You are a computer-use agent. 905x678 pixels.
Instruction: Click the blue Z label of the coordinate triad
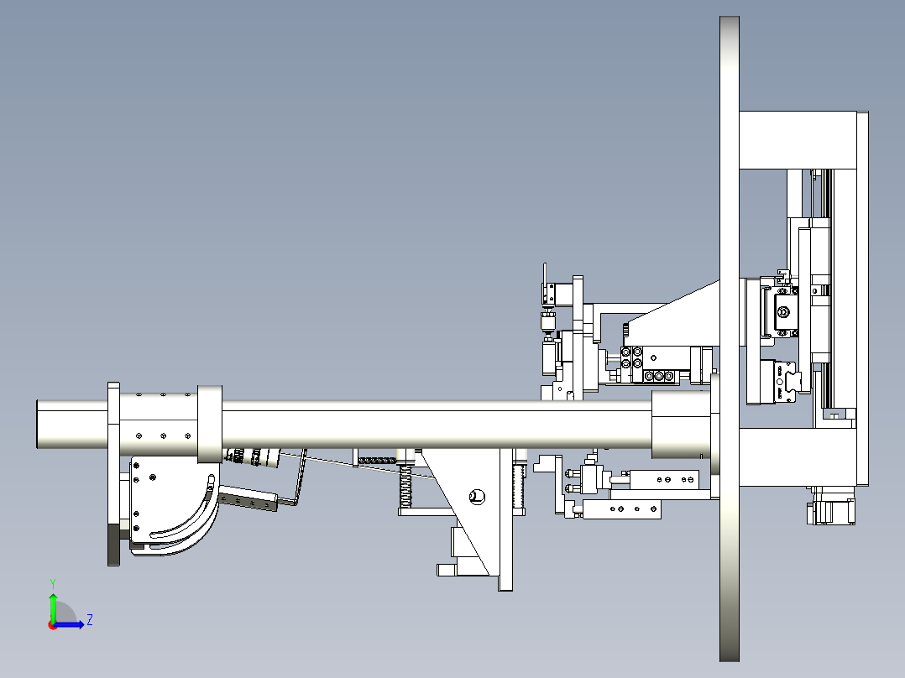[x=89, y=620]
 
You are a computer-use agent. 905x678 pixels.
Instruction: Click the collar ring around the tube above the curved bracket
[x=209, y=424]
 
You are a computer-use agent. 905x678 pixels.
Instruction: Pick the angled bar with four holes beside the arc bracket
[x=248, y=501]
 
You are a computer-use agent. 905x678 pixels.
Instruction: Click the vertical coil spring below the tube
[x=405, y=487]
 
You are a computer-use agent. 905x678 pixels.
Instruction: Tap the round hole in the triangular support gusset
[x=477, y=496]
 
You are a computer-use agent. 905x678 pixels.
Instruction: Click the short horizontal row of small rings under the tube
[x=376, y=459]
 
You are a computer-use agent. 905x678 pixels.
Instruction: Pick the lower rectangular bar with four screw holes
[x=622, y=508]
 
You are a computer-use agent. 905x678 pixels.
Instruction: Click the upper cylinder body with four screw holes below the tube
[x=663, y=479]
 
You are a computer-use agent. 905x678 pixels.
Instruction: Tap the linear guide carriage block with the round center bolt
[x=783, y=314]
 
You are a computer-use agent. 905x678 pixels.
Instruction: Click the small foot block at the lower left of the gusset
[x=445, y=570]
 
